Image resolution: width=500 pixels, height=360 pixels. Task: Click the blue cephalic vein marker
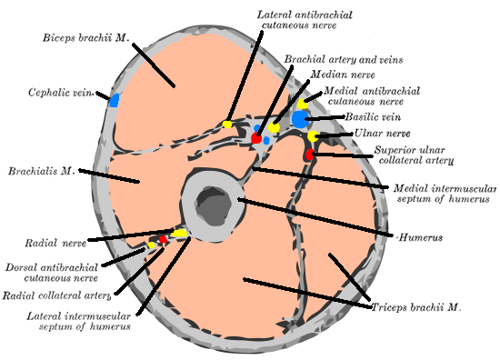[115, 100]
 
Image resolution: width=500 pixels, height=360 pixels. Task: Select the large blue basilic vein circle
[300, 118]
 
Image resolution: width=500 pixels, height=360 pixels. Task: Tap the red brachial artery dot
[257, 138]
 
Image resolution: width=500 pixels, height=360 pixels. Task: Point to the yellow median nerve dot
[274, 127]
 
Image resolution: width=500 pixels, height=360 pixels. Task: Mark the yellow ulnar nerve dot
[313, 136]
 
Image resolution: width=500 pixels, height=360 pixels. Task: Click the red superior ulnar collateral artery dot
[310, 155]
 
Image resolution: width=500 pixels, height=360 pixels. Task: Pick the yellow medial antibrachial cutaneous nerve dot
[303, 105]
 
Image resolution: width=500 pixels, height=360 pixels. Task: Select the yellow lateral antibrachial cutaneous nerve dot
[227, 125]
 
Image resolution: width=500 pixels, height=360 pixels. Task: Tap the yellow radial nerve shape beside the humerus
[179, 234]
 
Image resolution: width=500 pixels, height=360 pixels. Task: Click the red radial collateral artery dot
[164, 240]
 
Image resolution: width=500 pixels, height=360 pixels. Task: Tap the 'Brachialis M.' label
[40, 170]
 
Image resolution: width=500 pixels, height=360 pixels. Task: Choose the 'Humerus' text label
[421, 237]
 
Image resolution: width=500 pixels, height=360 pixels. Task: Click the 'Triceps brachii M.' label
[416, 308]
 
